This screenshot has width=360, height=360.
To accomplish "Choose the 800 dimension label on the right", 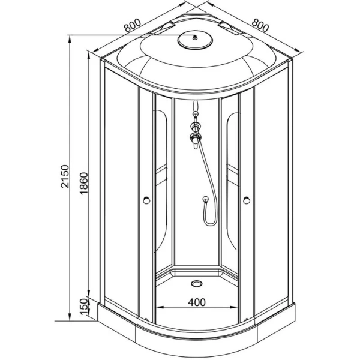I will (x=259, y=26).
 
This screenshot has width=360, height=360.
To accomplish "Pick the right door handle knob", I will (x=246, y=201).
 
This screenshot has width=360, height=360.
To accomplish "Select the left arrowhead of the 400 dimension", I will (x=157, y=309).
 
